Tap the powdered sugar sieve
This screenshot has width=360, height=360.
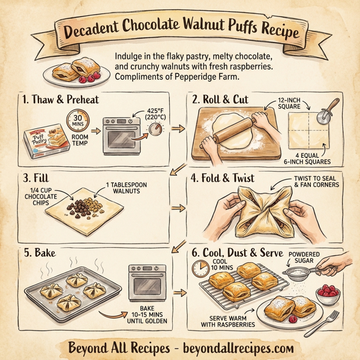pos(297,273)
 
